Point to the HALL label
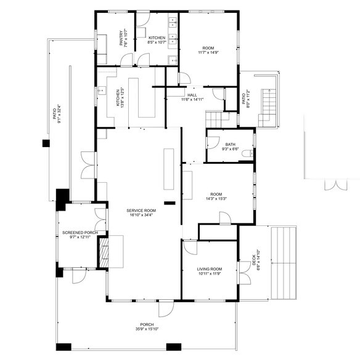[192, 95]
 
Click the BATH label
[230, 144]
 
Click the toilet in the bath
[247, 153]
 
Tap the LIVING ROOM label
[210, 269]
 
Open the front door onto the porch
[165, 308]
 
